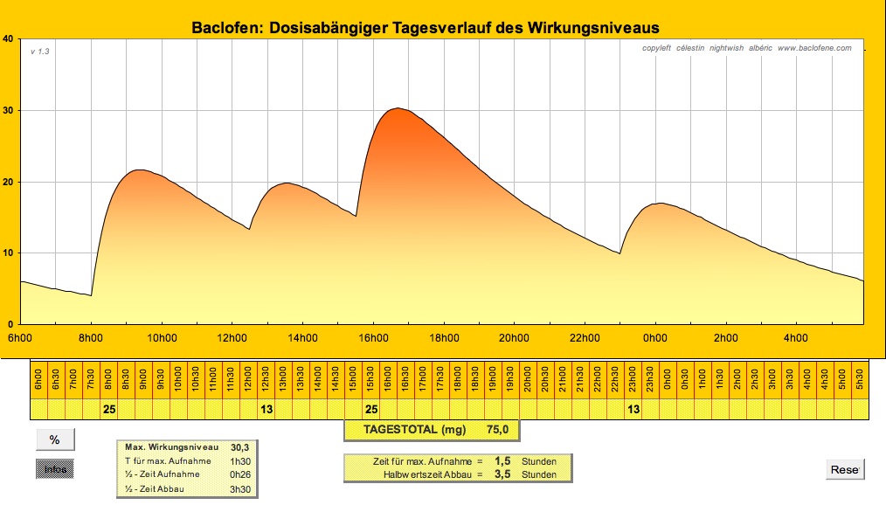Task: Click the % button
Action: pos(54,440)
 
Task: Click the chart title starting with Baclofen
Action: pos(426,28)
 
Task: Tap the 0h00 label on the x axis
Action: pos(654,338)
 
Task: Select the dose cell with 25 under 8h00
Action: pos(109,408)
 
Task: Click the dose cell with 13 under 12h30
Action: pos(266,408)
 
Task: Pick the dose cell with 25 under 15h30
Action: pos(371,408)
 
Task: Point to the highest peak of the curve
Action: pos(398,108)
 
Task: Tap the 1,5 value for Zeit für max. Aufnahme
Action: pos(502,460)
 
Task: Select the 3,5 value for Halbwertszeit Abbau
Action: pos(502,474)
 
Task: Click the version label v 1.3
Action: pos(40,52)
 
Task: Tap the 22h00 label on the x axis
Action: pos(584,338)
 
